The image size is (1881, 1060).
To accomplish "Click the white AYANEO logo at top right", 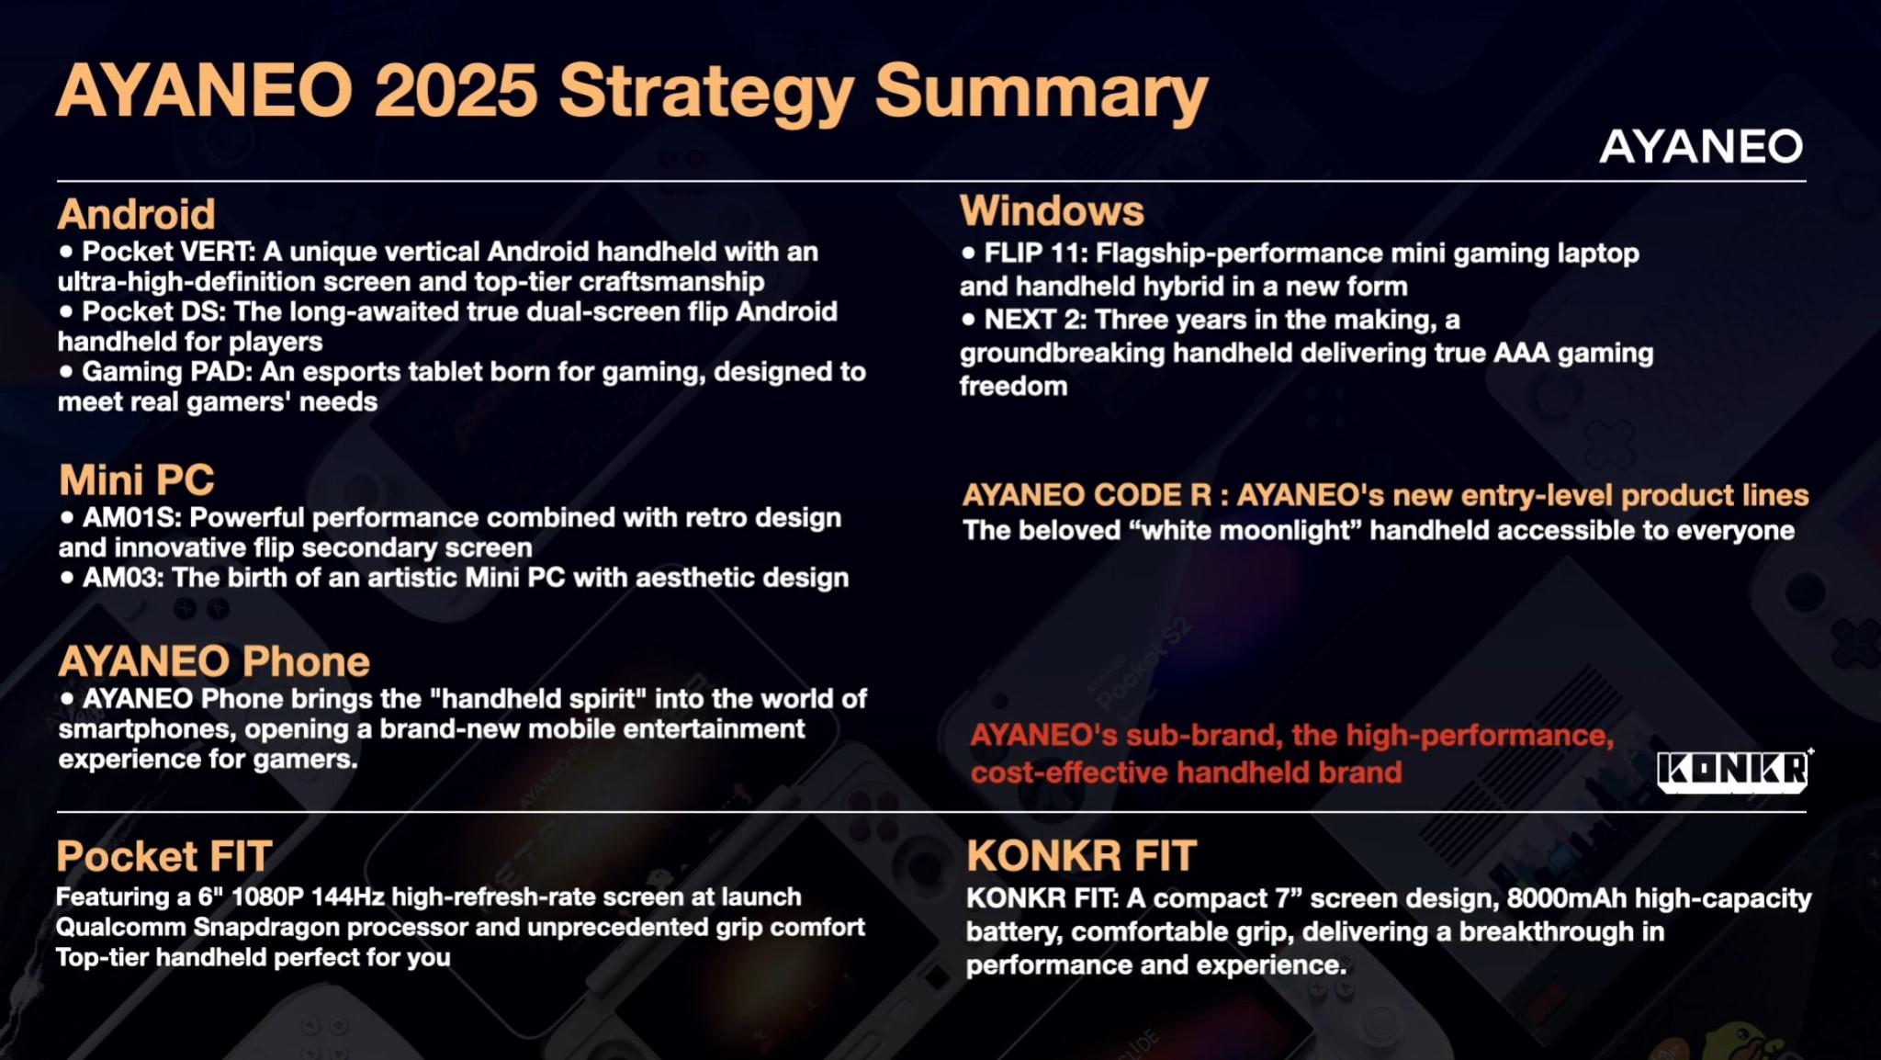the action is coord(1701,147).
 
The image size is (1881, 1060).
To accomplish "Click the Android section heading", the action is coord(136,214).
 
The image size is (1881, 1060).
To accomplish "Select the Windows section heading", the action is coord(1052,210).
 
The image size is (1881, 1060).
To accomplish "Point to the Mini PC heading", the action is coord(136,479).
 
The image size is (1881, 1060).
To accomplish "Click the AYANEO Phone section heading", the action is coord(214,661).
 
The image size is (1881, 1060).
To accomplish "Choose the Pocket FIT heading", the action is coord(164,856).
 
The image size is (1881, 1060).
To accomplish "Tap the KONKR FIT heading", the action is coord(1081,856).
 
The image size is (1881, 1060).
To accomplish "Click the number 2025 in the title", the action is coord(456,91).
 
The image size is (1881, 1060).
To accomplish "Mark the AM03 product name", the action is coord(119,577).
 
